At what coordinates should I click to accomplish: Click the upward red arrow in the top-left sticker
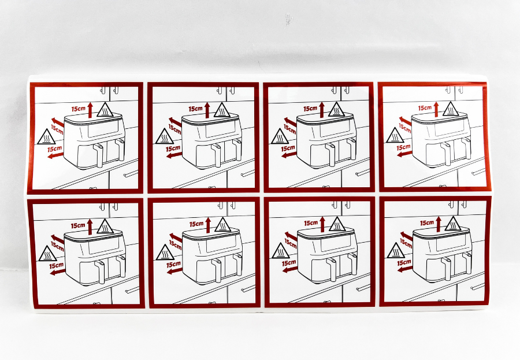[90, 110]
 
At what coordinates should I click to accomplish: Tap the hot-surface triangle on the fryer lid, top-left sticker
[106, 110]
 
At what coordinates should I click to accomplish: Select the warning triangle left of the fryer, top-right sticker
[395, 135]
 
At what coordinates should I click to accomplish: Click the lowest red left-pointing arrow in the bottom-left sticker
[58, 272]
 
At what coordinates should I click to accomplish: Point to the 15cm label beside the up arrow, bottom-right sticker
[427, 223]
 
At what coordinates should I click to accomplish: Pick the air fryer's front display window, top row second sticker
[220, 128]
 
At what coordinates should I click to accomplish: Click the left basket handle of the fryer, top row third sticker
[332, 155]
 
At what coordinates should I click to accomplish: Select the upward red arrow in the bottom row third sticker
[322, 224]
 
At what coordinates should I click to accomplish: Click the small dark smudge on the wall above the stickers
[288, 19]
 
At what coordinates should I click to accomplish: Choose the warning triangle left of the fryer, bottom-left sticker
[48, 254]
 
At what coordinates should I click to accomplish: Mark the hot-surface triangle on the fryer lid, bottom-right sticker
[452, 224]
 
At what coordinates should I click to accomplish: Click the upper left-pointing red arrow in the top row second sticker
[175, 121]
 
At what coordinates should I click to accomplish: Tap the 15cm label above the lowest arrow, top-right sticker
[403, 147]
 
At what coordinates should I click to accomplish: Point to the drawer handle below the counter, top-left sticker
[131, 174]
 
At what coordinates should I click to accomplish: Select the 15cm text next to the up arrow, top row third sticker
[310, 109]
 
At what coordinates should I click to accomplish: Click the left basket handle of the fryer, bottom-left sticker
[101, 272]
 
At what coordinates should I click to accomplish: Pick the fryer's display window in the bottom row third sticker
[335, 243]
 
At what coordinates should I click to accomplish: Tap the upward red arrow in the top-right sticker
[436, 109]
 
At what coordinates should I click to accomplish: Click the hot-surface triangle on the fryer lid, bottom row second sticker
[223, 225]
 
